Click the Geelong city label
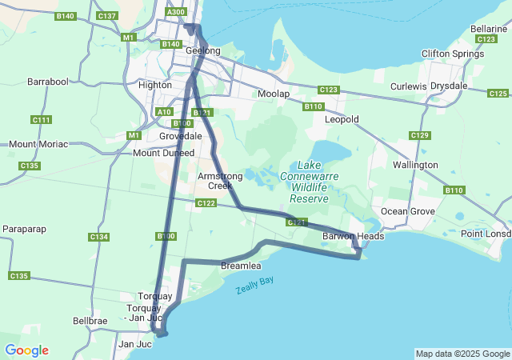202,50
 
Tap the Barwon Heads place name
353,236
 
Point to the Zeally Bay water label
254,286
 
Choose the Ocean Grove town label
406,211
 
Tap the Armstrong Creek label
214,180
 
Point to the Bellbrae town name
90,320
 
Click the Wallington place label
415,165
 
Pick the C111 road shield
42,120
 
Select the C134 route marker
99,237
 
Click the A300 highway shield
176,12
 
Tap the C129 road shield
422,135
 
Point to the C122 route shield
206,204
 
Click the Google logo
26,350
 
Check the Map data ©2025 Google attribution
462,354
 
